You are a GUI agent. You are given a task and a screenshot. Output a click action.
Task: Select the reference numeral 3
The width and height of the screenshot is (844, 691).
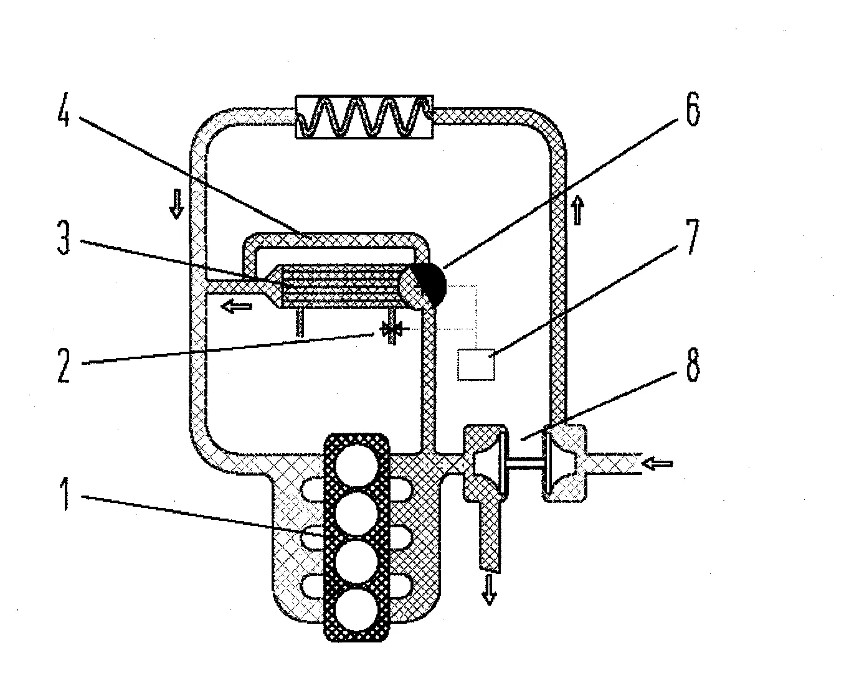(x=64, y=238)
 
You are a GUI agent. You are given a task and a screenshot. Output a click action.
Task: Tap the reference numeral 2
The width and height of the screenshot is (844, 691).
(x=64, y=365)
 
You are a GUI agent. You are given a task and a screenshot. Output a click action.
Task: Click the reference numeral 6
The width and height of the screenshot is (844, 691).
(x=693, y=109)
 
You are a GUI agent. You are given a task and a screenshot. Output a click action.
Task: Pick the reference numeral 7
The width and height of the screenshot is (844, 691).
(x=692, y=237)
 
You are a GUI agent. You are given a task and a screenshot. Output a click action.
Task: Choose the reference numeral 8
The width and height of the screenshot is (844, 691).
(x=693, y=365)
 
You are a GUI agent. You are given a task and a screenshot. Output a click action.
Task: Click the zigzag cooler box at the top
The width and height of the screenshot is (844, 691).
(x=364, y=117)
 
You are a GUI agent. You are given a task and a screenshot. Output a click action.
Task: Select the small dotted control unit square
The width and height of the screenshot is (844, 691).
(x=476, y=364)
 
